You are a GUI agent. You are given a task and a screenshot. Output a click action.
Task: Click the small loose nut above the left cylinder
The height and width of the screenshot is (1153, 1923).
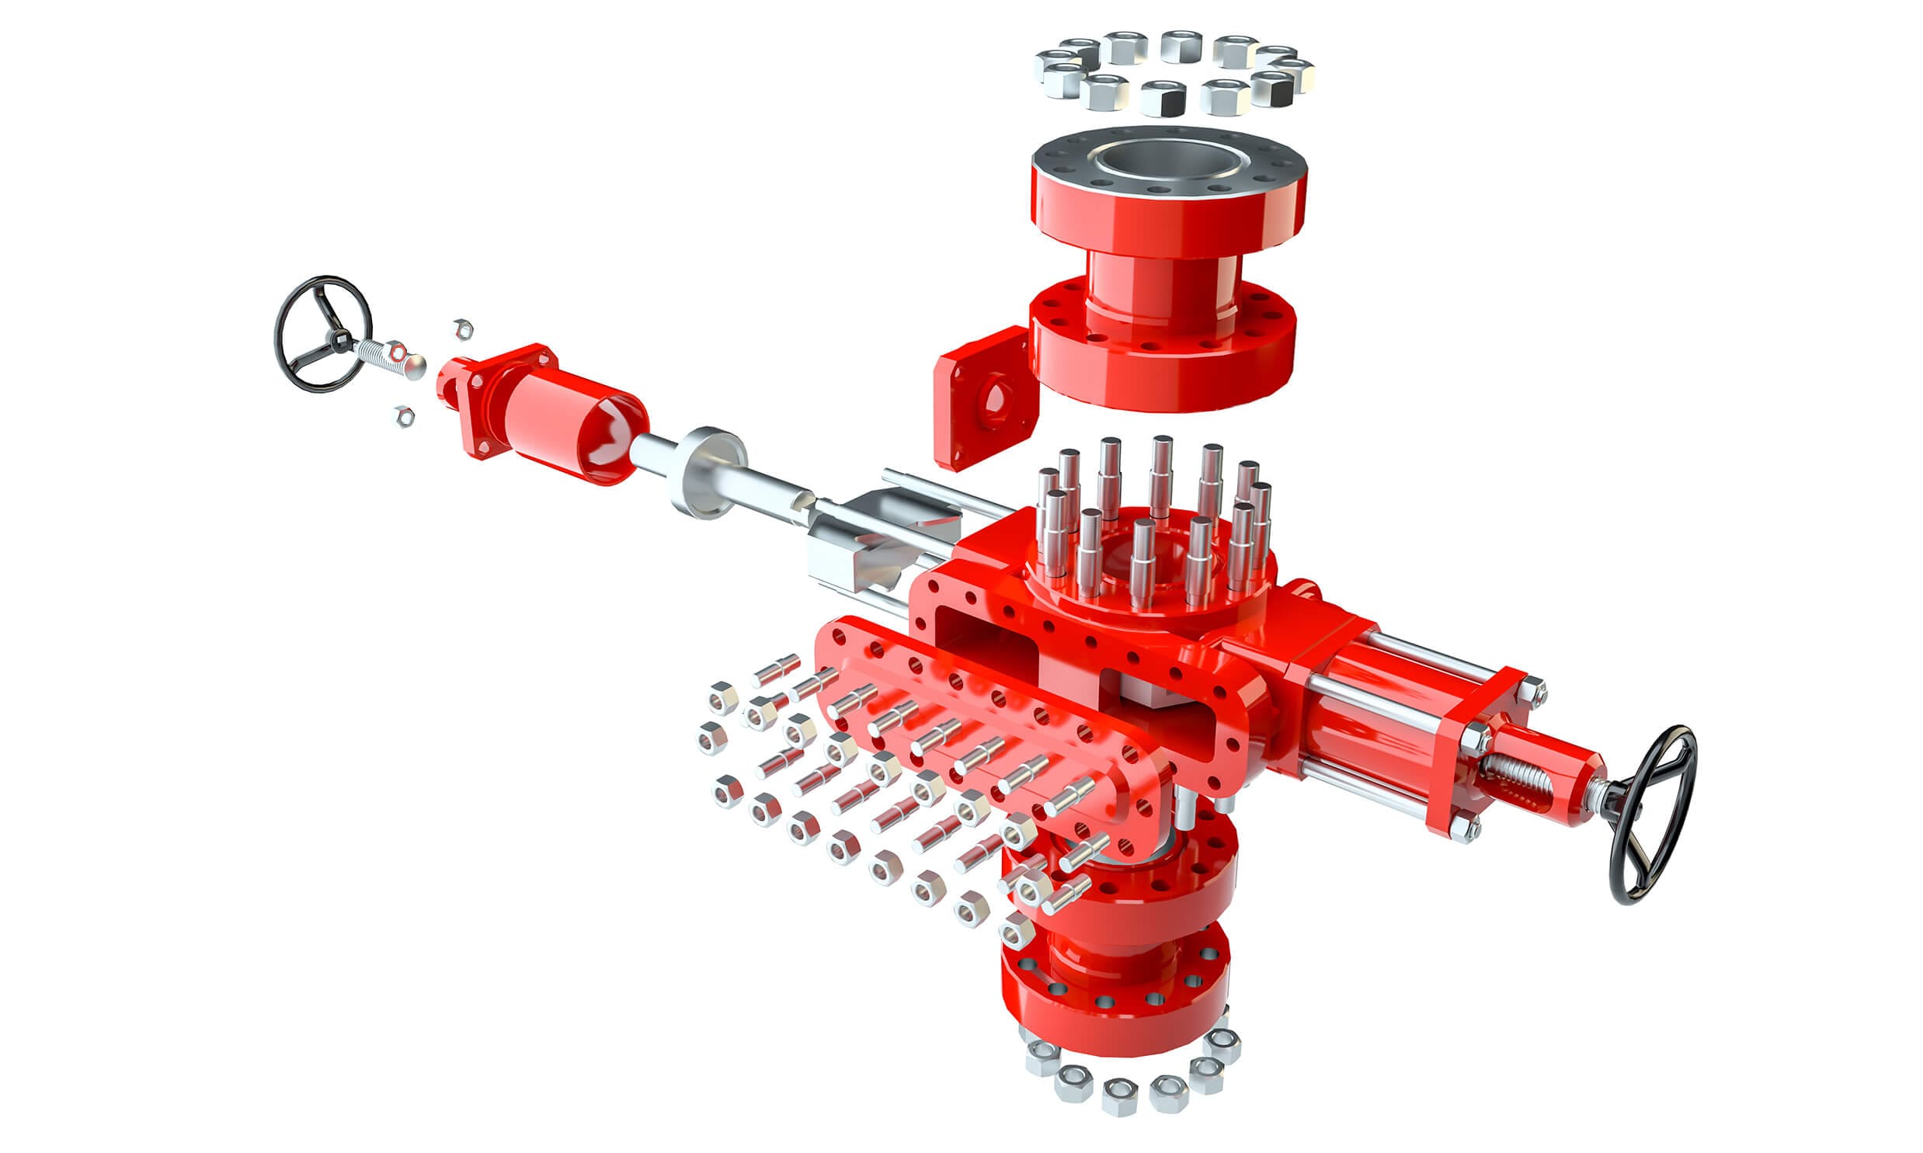462,328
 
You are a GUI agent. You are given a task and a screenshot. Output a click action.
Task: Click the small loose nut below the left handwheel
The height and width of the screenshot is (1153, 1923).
404,416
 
